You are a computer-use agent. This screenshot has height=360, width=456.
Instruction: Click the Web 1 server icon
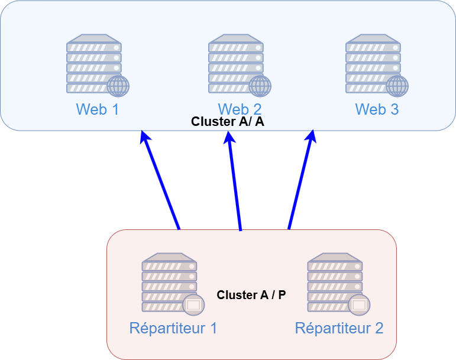coord(95,64)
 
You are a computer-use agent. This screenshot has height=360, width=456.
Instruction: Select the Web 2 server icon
coord(237,64)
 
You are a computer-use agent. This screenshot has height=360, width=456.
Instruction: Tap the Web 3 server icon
coord(374,64)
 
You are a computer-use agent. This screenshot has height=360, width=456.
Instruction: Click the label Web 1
coord(98,109)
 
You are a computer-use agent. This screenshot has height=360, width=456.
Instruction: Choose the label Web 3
coord(377,109)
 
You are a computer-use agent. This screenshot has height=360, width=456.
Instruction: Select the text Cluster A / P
coord(251,294)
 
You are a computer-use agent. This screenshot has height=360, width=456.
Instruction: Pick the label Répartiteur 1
coord(173,328)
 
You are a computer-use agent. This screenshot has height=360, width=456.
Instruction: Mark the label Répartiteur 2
coord(339,328)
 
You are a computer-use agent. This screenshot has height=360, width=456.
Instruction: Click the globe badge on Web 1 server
coord(118,86)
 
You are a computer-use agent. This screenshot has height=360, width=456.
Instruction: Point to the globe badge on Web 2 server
coord(260,86)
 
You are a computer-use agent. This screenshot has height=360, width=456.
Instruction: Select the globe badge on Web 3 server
coord(397,86)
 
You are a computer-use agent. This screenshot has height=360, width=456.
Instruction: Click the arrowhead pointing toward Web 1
coord(144,137)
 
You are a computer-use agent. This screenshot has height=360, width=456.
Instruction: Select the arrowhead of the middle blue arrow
coord(229,137)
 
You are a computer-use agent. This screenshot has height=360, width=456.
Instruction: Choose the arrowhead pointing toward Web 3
coord(311,137)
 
